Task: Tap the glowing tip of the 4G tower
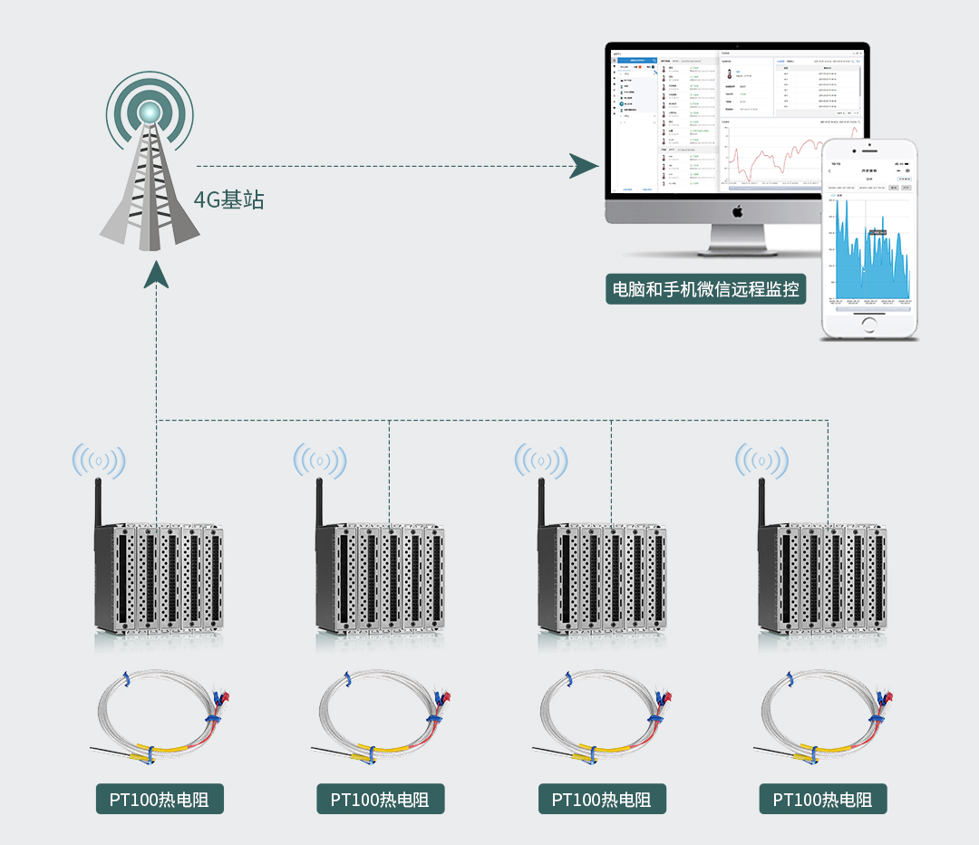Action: click(149, 112)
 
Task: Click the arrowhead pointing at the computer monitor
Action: click(584, 166)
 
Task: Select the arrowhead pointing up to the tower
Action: click(157, 274)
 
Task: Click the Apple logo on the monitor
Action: click(737, 210)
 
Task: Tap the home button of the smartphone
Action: click(869, 324)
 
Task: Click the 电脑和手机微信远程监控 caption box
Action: click(706, 290)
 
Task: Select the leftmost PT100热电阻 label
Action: click(160, 800)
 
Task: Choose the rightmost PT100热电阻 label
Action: click(823, 800)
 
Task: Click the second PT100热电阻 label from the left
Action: click(381, 800)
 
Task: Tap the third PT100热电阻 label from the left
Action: click(602, 800)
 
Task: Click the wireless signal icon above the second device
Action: click(319, 461)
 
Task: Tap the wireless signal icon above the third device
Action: click(541, 461)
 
